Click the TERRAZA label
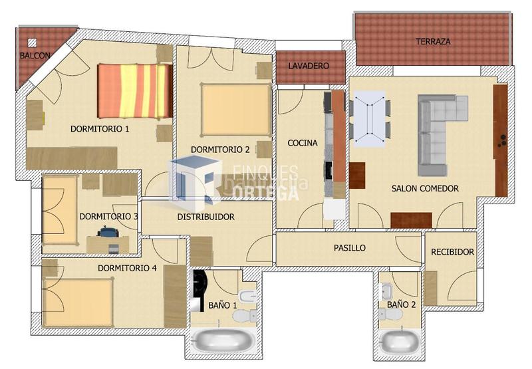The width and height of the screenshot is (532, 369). click(433, 41)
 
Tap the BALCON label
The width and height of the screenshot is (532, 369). click(35, 56)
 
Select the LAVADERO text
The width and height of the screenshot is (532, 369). click(309, 66)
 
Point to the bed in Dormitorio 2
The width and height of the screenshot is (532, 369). click(235, 109)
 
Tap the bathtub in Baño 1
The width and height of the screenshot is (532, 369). click(222, 341)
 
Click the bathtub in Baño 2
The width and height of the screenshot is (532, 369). click(400, 341)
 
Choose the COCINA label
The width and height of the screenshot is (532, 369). click(303, 143)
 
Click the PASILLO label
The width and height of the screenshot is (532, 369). click(349, 247)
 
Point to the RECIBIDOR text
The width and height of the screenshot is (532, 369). click(452, 252)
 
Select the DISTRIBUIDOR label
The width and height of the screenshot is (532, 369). click(205, 217)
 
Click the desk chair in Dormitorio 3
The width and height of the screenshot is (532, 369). click(108, 232)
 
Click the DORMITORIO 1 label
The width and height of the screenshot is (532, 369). click(100, 129)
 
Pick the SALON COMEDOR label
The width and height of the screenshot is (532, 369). click(425, 188)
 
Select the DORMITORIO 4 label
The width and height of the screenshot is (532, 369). click(127, 268)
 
